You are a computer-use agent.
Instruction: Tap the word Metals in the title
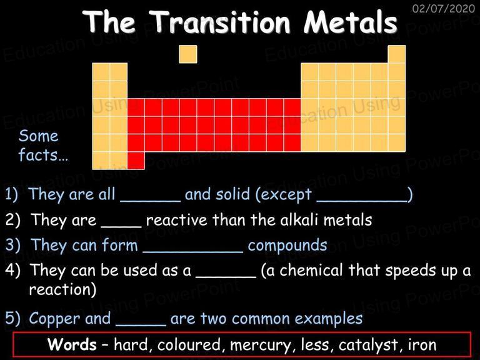tap(351, 21)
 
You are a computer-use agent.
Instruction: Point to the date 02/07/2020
tap(444, 8)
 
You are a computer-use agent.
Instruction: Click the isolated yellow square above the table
tap(188, 54)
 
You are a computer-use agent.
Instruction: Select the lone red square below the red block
tap(136, 161)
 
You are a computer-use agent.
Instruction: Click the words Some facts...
tap(43, 146)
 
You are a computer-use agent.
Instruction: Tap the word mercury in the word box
tap(261, 345)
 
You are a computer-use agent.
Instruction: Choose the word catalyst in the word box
tap(369, 345)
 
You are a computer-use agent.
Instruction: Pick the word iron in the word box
tap(422, 344)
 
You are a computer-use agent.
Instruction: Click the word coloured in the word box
tap(189, 344)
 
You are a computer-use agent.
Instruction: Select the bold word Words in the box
tap(72, 344)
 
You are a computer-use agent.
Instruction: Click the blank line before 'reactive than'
tap(121, 227)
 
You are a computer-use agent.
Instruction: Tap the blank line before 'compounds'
tap(193, 252)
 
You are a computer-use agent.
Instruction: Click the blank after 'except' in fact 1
tap(362, 201)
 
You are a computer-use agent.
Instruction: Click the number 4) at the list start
tap(13, 270)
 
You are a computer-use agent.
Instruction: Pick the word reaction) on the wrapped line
tap(62, 289)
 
